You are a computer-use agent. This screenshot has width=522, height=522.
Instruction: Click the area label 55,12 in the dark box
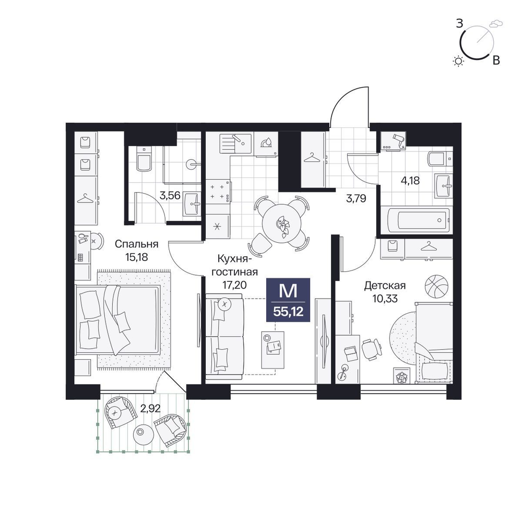click(288, 312)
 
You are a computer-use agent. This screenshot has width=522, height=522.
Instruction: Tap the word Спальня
click(136, 244)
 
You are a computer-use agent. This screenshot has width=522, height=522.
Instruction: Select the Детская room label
click(385, 286)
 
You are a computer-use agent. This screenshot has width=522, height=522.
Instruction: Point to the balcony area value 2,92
click(150, 408)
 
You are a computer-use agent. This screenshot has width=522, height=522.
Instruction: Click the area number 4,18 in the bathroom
click(410, 181)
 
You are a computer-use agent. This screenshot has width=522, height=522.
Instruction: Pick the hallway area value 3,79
click(356, 199)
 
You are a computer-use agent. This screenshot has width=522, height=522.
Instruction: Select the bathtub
click(417, 220)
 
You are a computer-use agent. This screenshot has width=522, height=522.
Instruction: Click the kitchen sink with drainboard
click(236, 144)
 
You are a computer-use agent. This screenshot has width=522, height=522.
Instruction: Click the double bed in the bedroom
click(118, 320)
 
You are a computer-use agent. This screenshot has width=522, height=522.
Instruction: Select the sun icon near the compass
click(459, 61)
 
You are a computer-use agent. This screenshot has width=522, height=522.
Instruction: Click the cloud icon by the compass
click(496, 23)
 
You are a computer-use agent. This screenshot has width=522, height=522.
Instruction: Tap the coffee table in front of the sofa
click(272, 350)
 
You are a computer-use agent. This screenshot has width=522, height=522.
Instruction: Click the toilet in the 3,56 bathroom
click(144, 159)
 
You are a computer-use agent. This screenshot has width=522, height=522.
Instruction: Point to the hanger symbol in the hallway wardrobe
click(312, 158)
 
